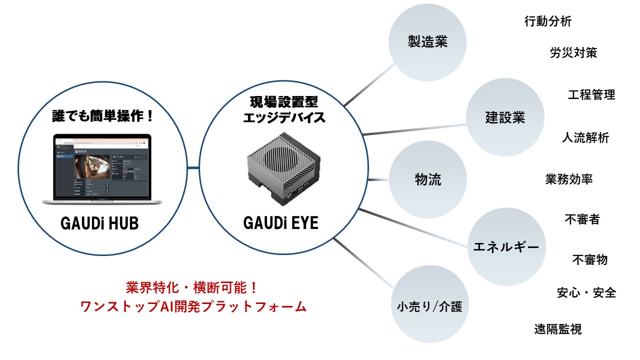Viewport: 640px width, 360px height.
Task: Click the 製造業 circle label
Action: click(x=427, y=42)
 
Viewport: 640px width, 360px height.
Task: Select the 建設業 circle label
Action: click(x=505, y=118)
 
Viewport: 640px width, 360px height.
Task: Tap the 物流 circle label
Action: click(x=428, y=179)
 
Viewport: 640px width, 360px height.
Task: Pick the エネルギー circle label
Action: click(x=506, y=246)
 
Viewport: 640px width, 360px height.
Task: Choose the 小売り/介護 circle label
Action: click(x=429, y=305)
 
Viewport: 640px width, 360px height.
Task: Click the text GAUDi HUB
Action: click(x=99, y=223)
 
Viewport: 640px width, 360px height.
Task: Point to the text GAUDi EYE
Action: click(x=281, y=223)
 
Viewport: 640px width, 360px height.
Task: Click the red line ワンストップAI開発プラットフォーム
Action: click(x=193, y=306)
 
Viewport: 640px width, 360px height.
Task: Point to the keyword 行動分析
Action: click(x=547, y=21)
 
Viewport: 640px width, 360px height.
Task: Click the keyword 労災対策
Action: click(x=573, y=52)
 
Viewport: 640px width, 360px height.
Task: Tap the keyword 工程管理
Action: click(x=591, y=94)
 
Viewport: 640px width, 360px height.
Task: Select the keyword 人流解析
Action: click(x=585, y=137)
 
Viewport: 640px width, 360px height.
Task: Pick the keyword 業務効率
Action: click(x=569, y=179)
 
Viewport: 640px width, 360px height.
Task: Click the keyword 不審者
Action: click(x=582, y=219)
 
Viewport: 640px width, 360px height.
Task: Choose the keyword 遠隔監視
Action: click(x=557, y=329)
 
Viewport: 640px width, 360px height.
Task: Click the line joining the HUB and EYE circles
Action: click(x=193, y=167)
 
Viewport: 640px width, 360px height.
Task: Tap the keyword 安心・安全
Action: click(x=586, y=292)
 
